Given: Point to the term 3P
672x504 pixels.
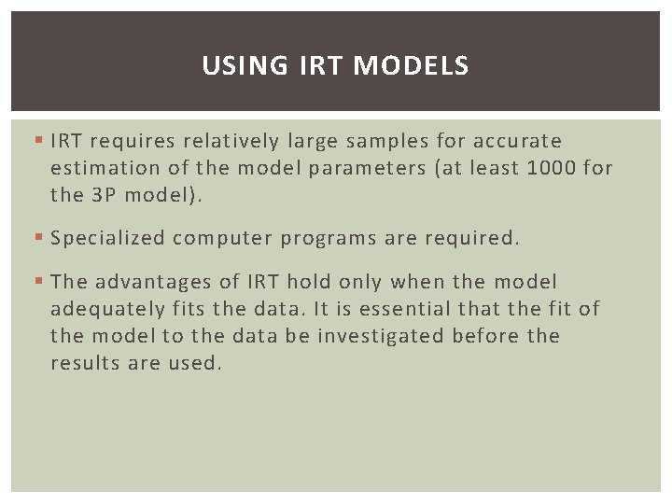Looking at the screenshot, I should (x=104, y=195).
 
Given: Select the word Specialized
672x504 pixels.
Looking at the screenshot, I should (x=108, y=238).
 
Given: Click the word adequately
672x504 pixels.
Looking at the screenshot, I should (x=105, y=309).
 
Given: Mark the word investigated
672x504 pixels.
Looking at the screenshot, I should (x=381, y=336).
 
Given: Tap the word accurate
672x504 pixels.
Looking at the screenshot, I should (x=517, y=141).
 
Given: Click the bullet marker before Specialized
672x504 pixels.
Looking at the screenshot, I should (x=37, y=238).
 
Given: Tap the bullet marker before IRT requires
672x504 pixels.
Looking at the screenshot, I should (x=37, y=141).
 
